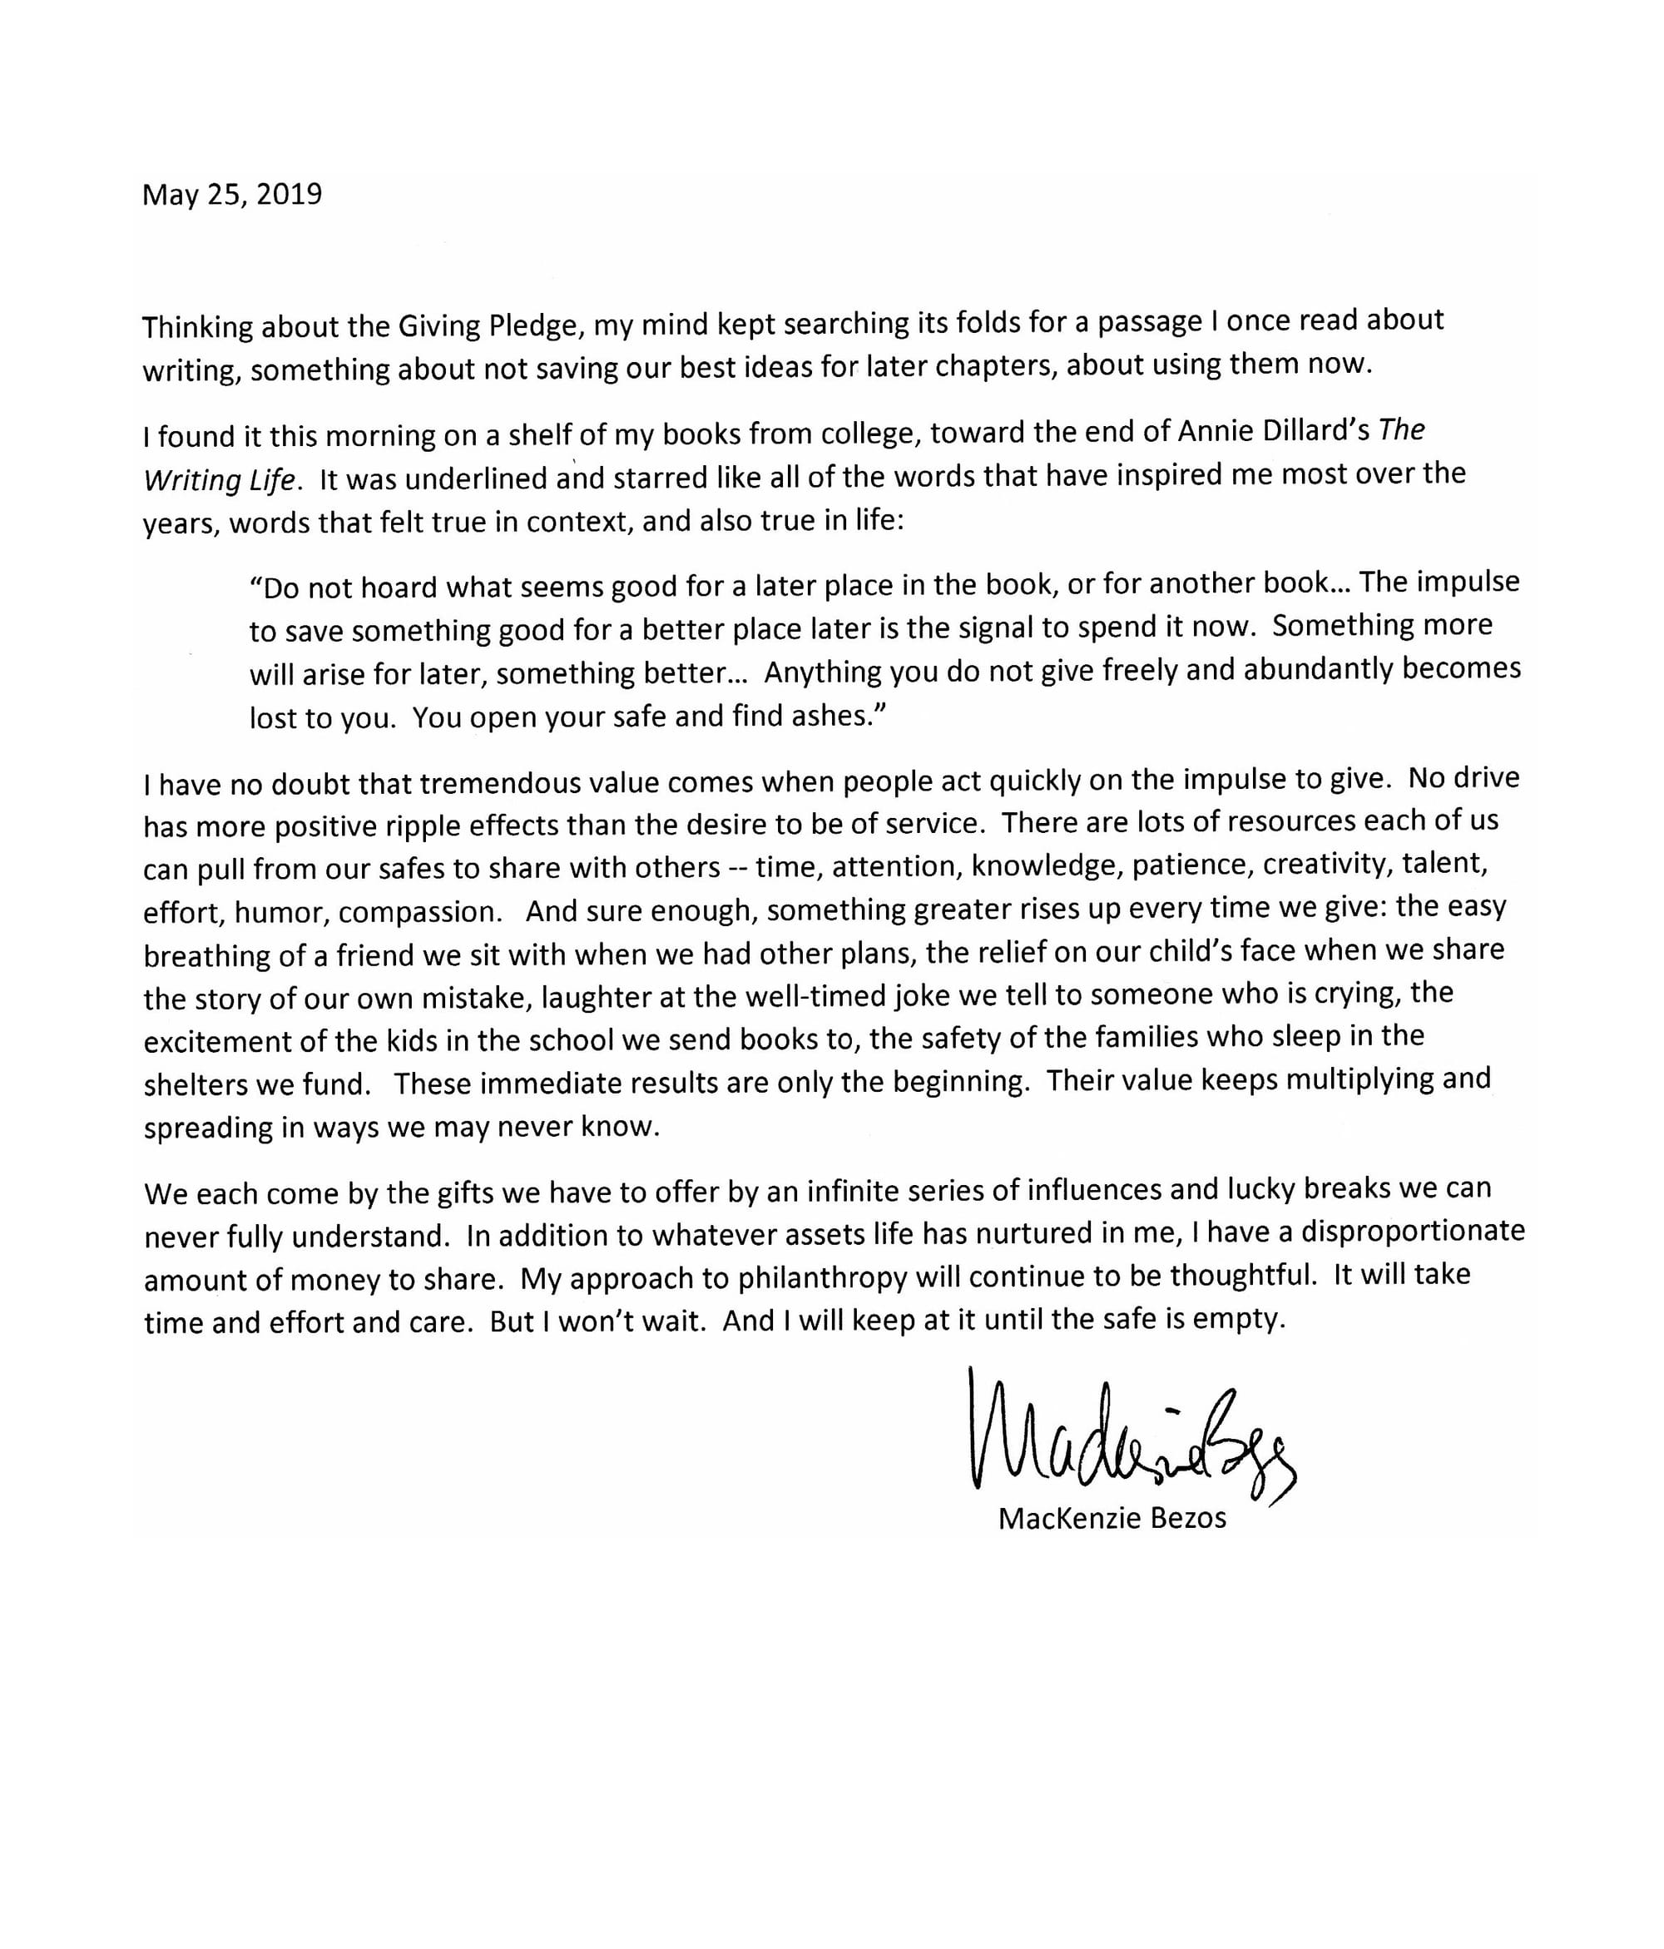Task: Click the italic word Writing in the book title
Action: (182, 479)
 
